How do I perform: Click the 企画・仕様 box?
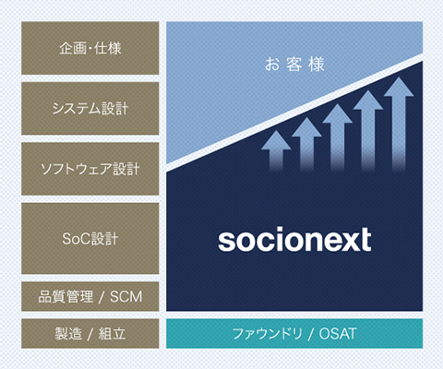coord(90,48)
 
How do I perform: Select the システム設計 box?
coord(90,108)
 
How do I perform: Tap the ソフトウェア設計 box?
coord(90,169)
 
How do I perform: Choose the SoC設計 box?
coord(90,238)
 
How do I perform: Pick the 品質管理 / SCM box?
coord(90,296)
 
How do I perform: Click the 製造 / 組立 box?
coord(90,334)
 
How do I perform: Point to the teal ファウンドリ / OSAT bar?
coord(294,334)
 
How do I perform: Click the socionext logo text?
coord(294,240)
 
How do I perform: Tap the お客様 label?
coord(294,65)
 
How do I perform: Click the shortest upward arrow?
coord(276,150)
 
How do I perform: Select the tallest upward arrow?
coord(399,124)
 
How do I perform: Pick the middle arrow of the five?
coord(338,137)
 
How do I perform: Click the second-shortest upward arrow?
coord(306,144)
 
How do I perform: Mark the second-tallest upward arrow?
coord(368,131)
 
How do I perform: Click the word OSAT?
coord(338,334)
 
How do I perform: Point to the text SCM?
coord(126,297)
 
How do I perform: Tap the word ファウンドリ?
coord(267,334)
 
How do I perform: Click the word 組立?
coord(112,334)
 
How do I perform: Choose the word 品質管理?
coord(66,296)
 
